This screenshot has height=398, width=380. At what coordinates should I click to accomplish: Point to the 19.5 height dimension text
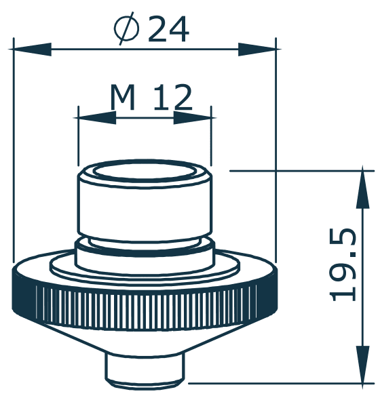pos(344,264)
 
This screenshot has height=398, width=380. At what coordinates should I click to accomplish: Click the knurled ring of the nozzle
pos(145,299)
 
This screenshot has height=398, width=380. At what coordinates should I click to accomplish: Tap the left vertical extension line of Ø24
pos(14,156)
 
